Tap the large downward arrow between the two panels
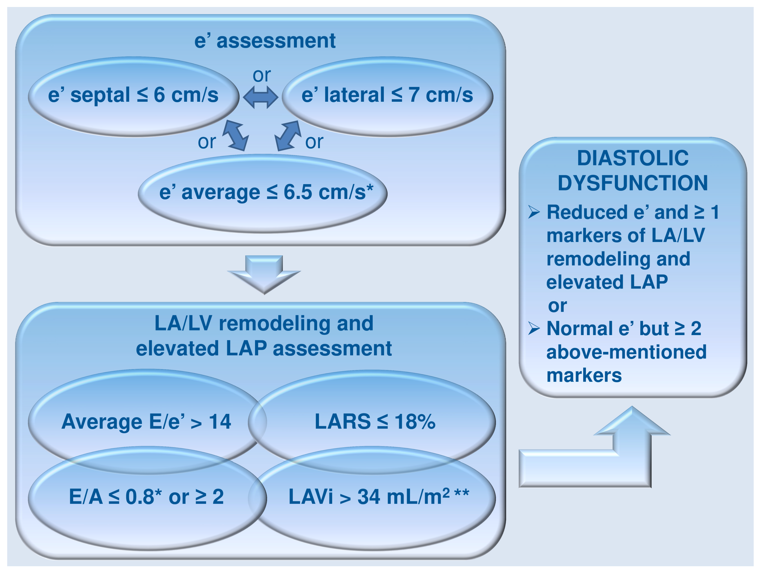(x=264, y=273)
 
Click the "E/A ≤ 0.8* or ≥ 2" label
(x=146, y=497)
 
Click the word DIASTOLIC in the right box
(x=632, y=158)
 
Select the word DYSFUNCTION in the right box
(x=632, y=183)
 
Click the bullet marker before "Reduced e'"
(x=534, y=212)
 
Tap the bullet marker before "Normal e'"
(x=534, y=329)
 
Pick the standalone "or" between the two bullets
(x=557, y=306)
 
